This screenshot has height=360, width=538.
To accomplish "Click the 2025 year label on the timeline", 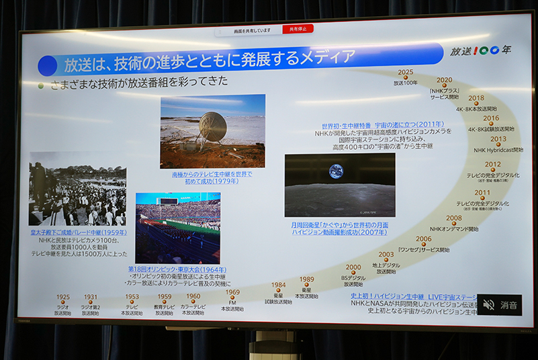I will point(405,72).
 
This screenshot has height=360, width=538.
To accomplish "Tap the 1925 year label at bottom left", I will point(62,297).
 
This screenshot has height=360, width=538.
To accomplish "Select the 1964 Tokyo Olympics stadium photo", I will point(177,228).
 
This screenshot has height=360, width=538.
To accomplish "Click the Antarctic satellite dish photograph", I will point(212,131).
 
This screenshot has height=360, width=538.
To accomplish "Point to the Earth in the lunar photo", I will point(336,171).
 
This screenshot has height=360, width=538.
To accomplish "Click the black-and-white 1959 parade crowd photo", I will point(77,189).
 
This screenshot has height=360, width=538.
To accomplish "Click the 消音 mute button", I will point(500,305).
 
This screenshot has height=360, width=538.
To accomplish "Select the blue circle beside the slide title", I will point(48,65).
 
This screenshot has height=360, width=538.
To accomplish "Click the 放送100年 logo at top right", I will point(481,50).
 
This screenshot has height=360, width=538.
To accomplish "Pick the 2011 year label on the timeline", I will point(482,193).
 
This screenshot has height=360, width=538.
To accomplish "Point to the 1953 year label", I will point(132,297).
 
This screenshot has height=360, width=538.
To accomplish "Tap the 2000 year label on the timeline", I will point(353,267).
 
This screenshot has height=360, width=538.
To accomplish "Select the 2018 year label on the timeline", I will point(476,98).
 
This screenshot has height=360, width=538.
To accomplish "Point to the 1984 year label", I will point(278,285).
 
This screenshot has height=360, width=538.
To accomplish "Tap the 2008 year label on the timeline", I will point(454,218).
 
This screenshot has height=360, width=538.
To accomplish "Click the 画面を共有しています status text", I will point(252,30).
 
